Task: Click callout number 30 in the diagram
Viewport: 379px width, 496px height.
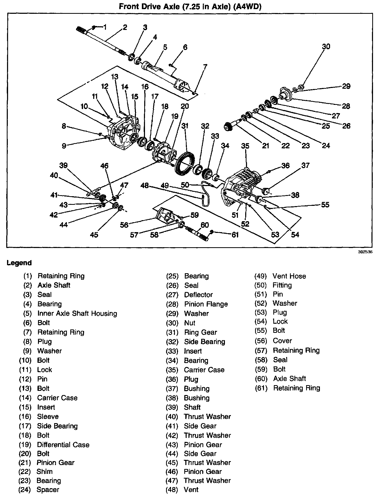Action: point(326,47)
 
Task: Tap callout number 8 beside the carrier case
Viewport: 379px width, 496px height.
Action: point(64,126)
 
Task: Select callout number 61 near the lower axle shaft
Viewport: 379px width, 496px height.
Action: point(235,235)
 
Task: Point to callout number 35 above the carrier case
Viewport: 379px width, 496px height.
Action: point(245,146)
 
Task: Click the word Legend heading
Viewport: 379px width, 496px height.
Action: point(19,263)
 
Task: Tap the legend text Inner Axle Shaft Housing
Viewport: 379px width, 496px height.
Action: point(77,313)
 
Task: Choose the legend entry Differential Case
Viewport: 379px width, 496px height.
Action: point(63,444)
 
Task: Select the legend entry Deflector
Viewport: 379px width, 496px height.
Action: point(198,295)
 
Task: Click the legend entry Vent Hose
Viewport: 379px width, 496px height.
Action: point(289,276)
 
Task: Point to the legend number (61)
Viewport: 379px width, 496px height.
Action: point(261,388)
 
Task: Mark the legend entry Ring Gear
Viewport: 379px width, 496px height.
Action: point(200,332)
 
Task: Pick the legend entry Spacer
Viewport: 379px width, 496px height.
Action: point(48,489)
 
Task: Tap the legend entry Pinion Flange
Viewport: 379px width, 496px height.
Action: point(206,304)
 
